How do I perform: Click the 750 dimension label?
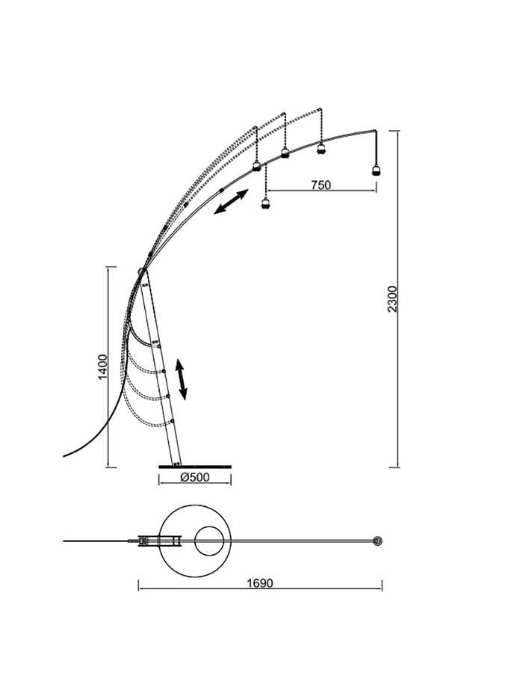[321, 185]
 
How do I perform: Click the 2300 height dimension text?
[393, 298]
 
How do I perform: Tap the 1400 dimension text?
[103, 367]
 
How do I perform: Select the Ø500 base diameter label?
[195, 477]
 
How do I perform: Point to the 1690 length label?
[260, 583]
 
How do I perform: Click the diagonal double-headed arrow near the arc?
[231, 201]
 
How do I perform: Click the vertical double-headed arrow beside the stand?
[181, 380]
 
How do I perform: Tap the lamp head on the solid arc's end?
[377, 170]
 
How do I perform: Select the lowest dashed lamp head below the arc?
[266, 203]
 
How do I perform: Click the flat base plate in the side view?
[195, 467]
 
